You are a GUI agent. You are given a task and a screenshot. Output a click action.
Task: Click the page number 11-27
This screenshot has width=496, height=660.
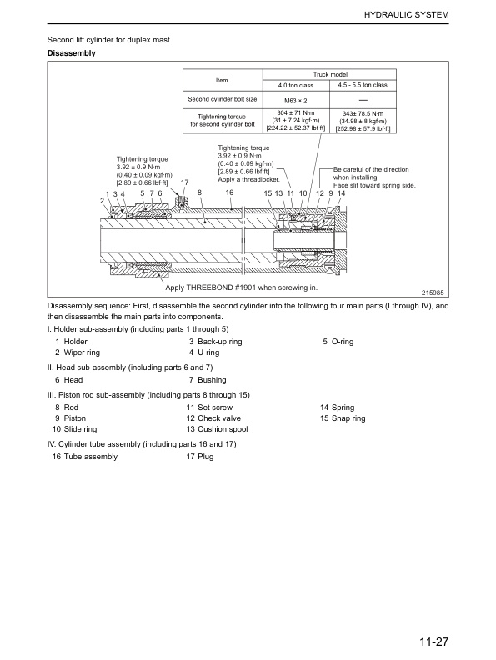[x=433, y=642]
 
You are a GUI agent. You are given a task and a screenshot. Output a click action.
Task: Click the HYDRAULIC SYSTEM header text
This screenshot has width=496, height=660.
[x=406, y=15]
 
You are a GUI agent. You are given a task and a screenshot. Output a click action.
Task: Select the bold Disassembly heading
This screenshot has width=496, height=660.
[x=71, y=53]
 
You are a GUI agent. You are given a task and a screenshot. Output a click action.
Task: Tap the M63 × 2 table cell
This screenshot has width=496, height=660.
[x=296, y=101]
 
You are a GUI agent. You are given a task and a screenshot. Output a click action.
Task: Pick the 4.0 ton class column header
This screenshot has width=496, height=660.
[x=296, y=86]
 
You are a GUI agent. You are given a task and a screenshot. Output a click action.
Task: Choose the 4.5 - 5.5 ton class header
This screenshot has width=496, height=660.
[x=363, y=85]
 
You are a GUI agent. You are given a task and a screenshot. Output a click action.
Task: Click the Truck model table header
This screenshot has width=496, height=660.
[x=330, y=74]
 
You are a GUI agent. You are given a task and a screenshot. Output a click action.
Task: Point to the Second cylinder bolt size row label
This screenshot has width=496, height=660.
[x=223, y=99]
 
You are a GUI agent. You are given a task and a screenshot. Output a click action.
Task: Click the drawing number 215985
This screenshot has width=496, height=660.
[x=433, y=292]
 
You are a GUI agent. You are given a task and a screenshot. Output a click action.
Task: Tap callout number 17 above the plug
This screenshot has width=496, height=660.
[x=184, y=182]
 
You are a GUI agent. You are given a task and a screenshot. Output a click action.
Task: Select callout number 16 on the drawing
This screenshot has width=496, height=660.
[x=229, y=192]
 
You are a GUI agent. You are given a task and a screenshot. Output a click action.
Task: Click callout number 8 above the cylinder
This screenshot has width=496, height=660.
[x=199, y=192]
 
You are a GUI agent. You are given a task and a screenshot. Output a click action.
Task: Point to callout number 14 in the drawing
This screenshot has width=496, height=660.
[x=342, y=193]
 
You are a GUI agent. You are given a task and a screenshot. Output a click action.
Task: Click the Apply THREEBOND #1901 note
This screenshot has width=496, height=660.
[x=241, y=287]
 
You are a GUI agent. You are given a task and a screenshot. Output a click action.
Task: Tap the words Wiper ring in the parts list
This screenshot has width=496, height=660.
[x=82, y=352]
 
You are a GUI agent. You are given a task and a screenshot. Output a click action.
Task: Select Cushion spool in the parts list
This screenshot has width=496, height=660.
[x=223, y=429]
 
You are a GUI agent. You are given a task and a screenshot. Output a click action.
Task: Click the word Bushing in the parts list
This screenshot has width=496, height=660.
[x=212, y=380]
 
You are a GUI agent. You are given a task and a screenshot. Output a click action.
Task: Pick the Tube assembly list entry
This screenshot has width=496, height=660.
[x=91, y=457]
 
